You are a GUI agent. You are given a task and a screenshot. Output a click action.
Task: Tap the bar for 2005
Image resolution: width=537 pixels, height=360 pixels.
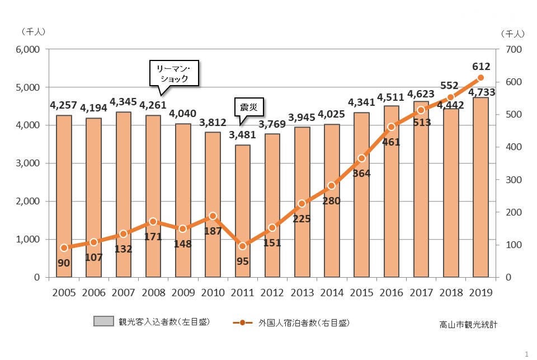click(x=64, y=196)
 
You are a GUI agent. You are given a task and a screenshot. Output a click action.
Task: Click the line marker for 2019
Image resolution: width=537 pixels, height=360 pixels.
click(x=481, y=78)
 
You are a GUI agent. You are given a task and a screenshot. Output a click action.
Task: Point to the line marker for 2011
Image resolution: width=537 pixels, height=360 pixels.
click(x=242, y=246)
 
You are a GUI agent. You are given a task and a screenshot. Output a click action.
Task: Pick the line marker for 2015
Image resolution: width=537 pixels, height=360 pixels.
click(x=361, y=158)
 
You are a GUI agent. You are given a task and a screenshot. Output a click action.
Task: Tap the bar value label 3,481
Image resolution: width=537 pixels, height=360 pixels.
click(x=242, y=135)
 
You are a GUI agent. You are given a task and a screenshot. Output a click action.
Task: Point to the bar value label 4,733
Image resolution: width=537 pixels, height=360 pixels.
click(x=481, y=92)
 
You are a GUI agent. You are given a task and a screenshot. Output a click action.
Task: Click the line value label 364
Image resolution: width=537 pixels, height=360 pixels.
click(x=362, y=173)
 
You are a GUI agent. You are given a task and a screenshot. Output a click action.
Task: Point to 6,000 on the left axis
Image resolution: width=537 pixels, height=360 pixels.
click(x=27, y=49)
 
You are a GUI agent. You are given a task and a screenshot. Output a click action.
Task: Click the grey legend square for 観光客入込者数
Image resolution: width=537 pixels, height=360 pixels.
click(x=105, y=322)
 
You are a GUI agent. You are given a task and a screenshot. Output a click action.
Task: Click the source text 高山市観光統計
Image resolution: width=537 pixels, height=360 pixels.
click(x=468, y=324)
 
